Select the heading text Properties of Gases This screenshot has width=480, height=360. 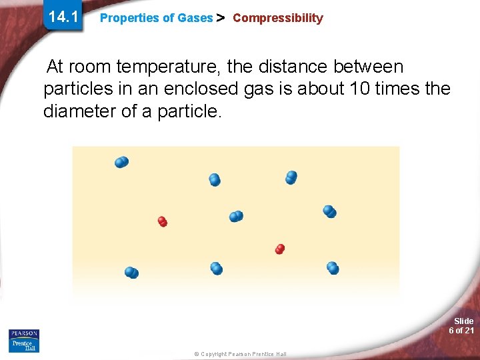[x=156, y=19]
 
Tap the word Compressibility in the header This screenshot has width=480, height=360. [x=277, y=18]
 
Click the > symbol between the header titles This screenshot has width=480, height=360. [x=222, y=18]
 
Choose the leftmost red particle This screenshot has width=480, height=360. [x=162, y=221]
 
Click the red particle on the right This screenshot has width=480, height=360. [x=280, y=249]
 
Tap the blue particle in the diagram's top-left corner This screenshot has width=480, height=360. [x=121, y=162]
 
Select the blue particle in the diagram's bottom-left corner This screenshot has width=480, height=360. [x=131, y=272]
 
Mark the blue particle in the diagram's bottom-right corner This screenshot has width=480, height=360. [x=333, y=268]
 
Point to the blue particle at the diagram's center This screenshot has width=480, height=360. [x=236, y=216]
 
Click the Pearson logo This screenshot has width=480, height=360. [x=24, y=333]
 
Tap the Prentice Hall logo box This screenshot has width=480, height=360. [x=24, y=345]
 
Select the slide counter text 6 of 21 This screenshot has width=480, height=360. [x=461, y=331]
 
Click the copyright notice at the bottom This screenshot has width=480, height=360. [x=241, y=354]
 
